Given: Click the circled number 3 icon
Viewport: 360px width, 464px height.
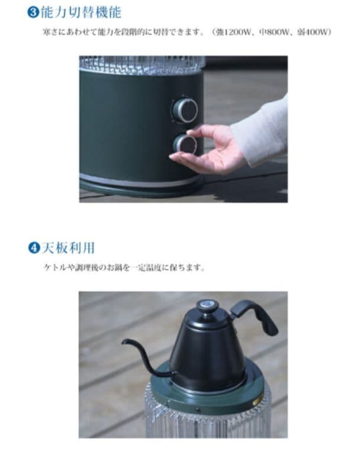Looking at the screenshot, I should [x=34, y=11].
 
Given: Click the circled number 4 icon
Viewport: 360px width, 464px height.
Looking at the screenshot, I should [x=34, y=247].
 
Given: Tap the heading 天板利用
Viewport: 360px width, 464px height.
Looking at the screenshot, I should [x=69, y=247].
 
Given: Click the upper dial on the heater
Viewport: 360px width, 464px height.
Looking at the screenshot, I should [x=185, y=109].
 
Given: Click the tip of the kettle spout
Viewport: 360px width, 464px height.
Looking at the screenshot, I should [x=125, y=342].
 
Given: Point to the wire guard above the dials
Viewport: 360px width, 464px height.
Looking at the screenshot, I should [x=142, y=64].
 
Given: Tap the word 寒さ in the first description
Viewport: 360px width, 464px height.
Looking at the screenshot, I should [x=50, y=31].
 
